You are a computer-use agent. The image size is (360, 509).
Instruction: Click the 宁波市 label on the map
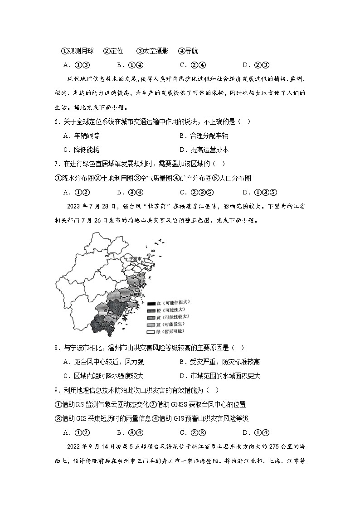pos(136,259)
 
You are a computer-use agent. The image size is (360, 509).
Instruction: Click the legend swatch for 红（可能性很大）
pos(151,302)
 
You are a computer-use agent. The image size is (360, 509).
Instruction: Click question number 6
pos(56,121)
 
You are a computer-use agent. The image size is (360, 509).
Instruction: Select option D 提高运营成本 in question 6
pos(204,149)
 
